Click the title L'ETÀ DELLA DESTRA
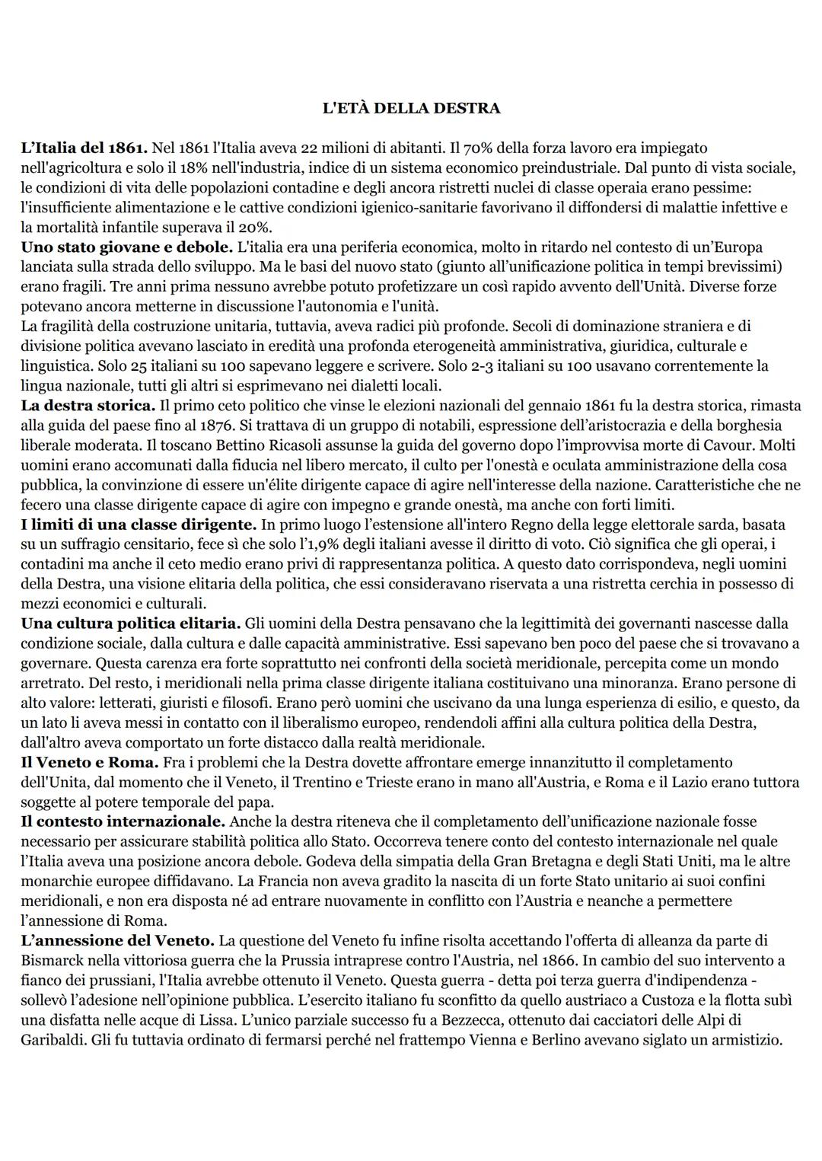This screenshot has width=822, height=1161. [411, 108]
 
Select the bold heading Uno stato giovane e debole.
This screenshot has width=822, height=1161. [126, 247]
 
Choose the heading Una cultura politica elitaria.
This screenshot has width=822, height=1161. [130, 624]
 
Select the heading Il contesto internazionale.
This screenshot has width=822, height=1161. [123, 821]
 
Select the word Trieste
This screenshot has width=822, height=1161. [394, 782]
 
